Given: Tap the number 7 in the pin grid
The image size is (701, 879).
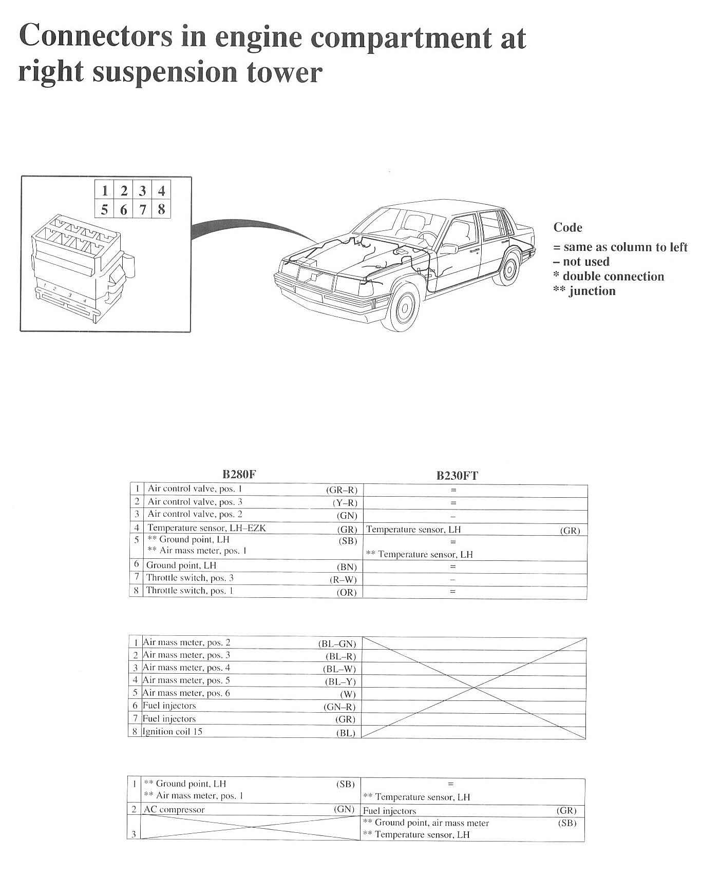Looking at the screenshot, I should click(143, 209).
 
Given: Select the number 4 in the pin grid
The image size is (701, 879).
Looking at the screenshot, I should click(161, 190).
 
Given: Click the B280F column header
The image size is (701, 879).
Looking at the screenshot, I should click(239, 474).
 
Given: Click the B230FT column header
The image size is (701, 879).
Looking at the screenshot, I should click(457, 475).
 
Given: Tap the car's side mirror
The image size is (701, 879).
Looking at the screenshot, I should click(448, 248).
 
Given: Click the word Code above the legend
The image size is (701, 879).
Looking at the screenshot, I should click(567, 227).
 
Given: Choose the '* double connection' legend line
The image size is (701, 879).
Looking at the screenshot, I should click(609, 277).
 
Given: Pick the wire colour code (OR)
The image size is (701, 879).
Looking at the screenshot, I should click(346, 592).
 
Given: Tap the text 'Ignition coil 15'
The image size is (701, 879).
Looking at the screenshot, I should click(173, 731).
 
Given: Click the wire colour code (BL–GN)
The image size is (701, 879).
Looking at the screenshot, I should click(337, 643).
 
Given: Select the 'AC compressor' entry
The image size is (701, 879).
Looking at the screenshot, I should click(174, 810).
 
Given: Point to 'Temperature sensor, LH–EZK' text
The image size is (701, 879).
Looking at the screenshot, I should click(206, 528).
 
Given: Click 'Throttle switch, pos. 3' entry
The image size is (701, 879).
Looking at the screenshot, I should click(190, 578).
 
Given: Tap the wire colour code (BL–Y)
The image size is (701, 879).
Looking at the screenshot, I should click(340, 681).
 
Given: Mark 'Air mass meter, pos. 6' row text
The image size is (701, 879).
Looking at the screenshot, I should click(186, 693).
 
